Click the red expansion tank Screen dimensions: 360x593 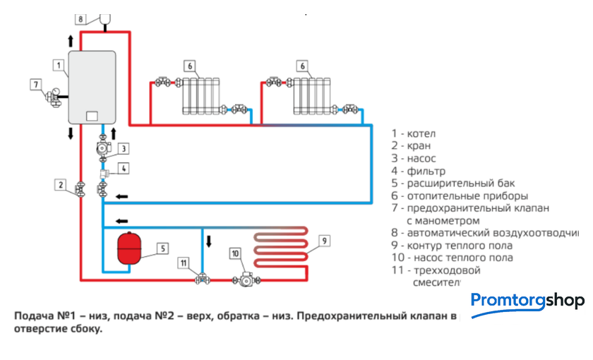coord(128,247)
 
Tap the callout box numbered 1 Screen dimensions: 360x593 coord(57,64)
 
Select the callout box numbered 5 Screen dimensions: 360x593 coord(162,248)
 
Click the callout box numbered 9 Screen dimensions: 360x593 coord(324,241)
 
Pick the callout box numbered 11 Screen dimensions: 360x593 coord(184,263)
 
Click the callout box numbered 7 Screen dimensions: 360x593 coord(36,85)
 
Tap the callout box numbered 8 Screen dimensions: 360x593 coord(80,18)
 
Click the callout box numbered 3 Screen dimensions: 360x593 coord(123,149)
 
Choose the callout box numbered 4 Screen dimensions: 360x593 coord(123,168)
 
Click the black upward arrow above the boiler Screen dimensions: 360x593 coord(70,40)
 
